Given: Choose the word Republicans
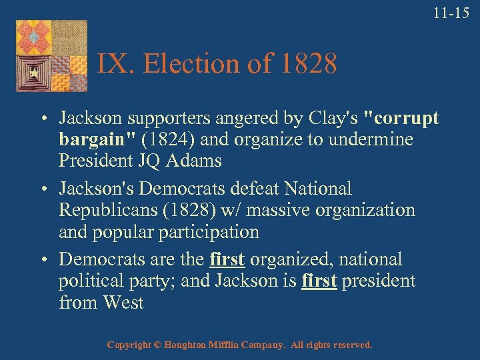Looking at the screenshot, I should [x=107, y=211].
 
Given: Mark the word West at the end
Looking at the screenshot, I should [x=123, y=303].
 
